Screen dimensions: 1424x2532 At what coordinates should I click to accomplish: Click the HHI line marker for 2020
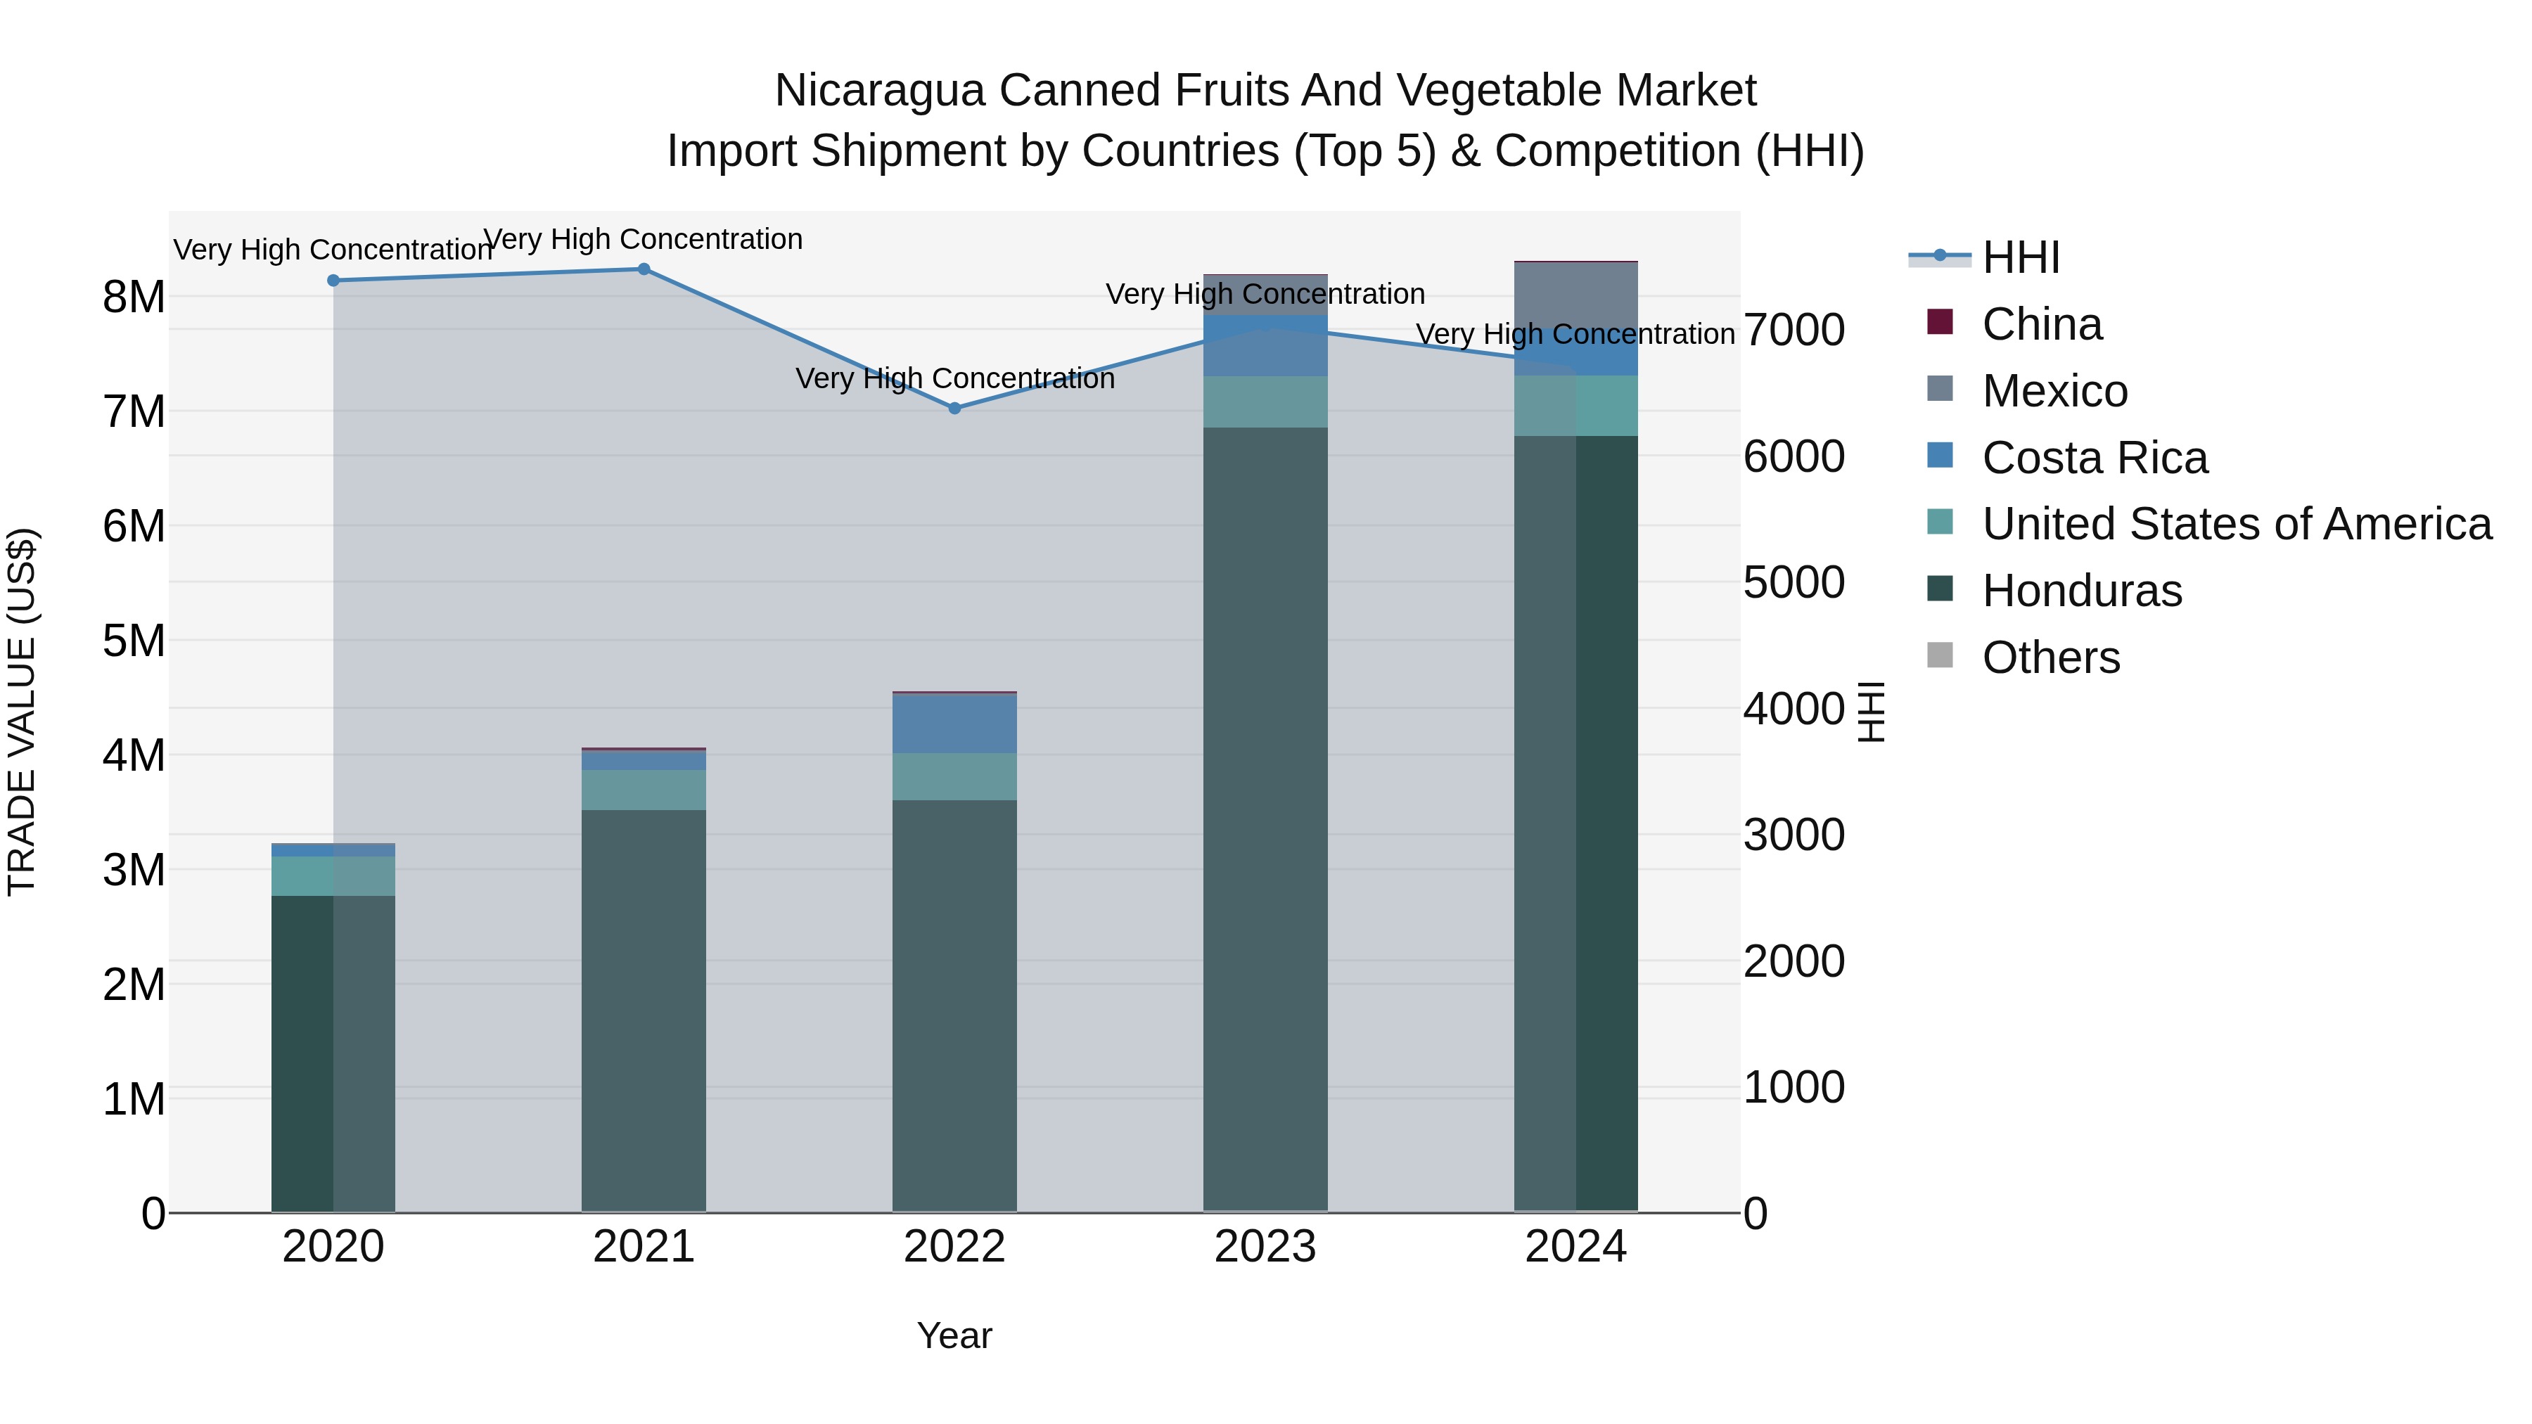[x=333, y=280]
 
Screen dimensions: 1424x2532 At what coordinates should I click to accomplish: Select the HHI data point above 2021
[x=644, y=269]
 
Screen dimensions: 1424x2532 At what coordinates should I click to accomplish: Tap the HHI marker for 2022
[x=954, y=408]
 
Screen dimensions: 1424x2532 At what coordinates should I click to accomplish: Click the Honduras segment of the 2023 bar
[x=1265, y=816]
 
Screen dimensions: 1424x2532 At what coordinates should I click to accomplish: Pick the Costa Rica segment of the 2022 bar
[x=954, y=724]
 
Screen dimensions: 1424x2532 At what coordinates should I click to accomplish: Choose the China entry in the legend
[x=2042, y=324]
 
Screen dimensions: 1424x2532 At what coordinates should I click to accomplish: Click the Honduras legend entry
[x=2081, y=591]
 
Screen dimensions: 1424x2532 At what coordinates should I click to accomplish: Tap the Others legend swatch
[x=1939, y=655]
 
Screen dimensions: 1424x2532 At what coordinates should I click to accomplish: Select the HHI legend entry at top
[x=2020, y=257]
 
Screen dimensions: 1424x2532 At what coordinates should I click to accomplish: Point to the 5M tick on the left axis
[x=134, y=641]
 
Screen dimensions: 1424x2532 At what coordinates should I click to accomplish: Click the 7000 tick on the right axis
[x=1793, y=331]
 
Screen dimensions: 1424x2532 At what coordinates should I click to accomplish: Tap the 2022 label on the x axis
[x=954, y=1247]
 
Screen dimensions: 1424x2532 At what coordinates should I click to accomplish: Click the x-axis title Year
[x=954, y=1335]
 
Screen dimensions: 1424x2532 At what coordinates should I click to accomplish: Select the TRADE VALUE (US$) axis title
[x=22, y=712]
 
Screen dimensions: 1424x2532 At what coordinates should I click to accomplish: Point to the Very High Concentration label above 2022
[x=954, y=378]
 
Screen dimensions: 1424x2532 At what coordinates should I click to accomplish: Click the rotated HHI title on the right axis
[x=1872, y=712]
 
